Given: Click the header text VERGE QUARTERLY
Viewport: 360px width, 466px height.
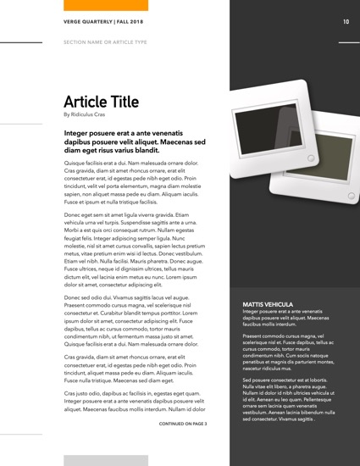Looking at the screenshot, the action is [x=86, y=22].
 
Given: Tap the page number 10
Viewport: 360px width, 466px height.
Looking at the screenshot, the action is [x=346, y=22].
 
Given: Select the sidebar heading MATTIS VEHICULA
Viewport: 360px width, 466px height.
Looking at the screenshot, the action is [x=268, y=303].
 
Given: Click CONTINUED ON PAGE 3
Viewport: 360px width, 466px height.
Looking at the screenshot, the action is [x=183, y=422].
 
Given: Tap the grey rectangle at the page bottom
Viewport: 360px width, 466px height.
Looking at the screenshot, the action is [x=106, y=460].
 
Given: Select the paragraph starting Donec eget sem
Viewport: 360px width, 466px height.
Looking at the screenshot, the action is [x=135, y=251].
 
